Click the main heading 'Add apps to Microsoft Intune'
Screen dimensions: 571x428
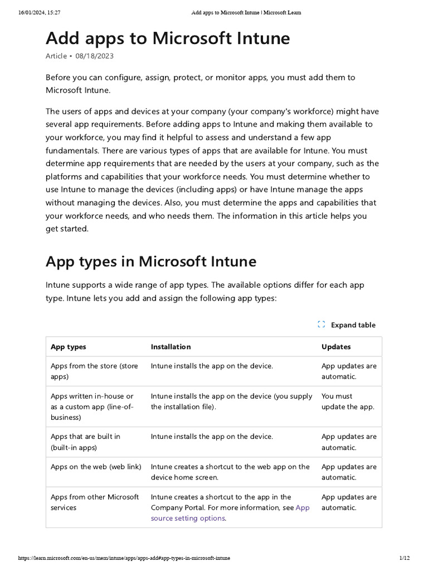coord(167,38)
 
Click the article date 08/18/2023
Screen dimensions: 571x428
coord(95,56)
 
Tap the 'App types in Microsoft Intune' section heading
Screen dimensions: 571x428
coord(150,261)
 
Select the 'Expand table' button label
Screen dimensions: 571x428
coord(353,325)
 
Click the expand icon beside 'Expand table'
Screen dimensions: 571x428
coord(321,325)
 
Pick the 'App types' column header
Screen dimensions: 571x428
coord(69,347)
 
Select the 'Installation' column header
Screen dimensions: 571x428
coord(171,347)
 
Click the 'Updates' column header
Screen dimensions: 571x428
coord(336,347)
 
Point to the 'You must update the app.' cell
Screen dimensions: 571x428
coord(348,401)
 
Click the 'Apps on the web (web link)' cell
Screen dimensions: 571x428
coord(96,467)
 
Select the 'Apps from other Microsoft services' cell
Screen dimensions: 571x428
coord(95,502)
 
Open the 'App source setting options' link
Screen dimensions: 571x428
coord(188,518)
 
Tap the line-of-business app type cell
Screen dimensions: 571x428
coord(93,407)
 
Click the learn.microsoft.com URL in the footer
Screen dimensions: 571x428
coord(124,558)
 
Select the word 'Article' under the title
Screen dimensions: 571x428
coord(56,56)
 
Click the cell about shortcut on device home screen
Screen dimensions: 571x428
coord(230,472)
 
